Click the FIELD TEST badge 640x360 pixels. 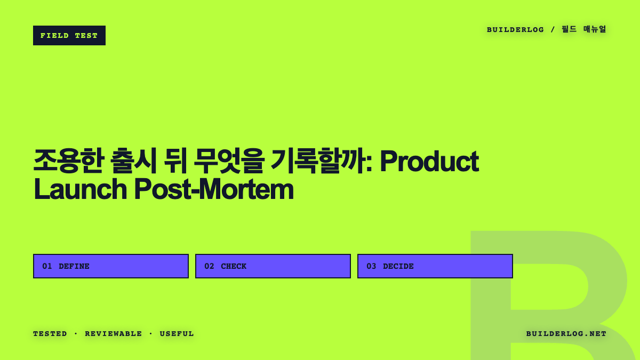coord(69,35)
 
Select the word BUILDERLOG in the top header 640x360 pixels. coord(515,30)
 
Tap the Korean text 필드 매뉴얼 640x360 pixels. coord(583,29)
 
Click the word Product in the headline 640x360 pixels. coord(429,162)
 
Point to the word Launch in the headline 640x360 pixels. coord(81,189)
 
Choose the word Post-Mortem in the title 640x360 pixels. coord(214,189)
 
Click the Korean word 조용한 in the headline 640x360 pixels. coord(68,161)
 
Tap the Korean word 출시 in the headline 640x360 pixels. coord(133,161)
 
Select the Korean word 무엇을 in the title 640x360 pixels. coord(228,161)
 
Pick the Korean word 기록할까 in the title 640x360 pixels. coord(319,161)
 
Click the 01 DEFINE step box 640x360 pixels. coord(111,266)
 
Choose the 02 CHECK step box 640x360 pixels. coord(273,266)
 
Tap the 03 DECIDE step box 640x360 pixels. coord(435,266)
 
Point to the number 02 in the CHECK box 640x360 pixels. coord(209,266)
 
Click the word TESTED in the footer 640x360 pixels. coord(50,334)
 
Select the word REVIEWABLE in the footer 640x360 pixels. coord(114,334)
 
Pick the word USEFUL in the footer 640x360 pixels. coord(177,334)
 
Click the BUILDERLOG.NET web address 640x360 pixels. coord(566,334)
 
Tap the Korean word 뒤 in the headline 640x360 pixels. coord(175,161)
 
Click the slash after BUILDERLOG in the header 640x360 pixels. coord(553,29)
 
